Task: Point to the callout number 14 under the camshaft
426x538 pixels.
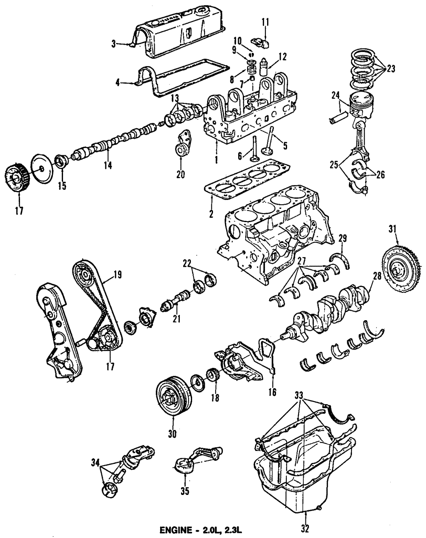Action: tap(107, 165)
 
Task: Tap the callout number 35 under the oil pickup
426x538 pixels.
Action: tap(184, 491)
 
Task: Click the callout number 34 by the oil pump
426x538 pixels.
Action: tap(96, 462)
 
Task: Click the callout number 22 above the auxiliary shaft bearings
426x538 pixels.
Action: tap(187, 263)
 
